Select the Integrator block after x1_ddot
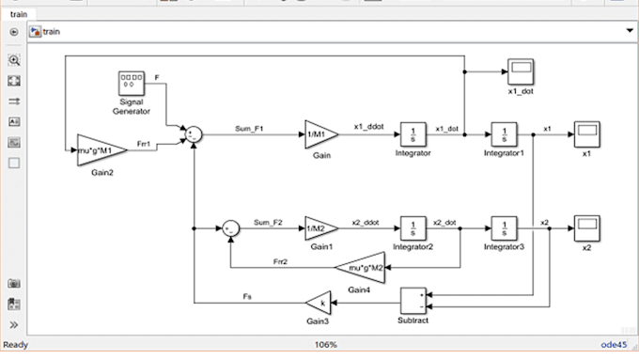point(412,133)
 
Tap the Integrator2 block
point(412,227)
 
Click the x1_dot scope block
point(521,70)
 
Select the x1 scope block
point(586,133)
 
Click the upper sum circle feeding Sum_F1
point(193,133)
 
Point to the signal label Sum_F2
point(269,222)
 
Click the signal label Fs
point(246,297)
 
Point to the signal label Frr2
point(281,260)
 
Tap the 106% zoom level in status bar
point(326,344)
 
